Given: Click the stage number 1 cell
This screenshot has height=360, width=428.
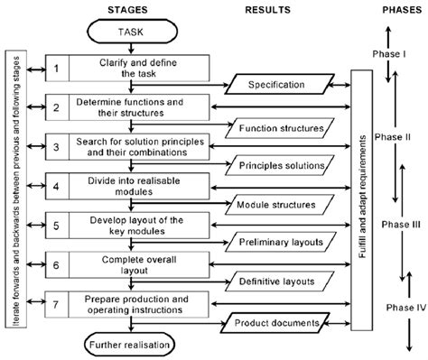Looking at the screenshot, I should click(56, 69).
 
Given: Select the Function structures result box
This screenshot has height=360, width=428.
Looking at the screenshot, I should click(281, 127).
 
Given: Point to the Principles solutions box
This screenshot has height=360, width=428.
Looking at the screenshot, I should click(281, 166).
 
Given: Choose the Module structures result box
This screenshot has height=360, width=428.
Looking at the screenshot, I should click(281, 205).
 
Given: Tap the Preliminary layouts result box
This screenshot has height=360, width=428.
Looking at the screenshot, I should click(281, 244).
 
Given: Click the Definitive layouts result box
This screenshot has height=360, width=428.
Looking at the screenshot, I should click(281, 282).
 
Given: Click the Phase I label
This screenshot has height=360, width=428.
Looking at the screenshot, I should click(390, 53).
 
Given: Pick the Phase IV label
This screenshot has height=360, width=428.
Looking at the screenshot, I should click(395, 307).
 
